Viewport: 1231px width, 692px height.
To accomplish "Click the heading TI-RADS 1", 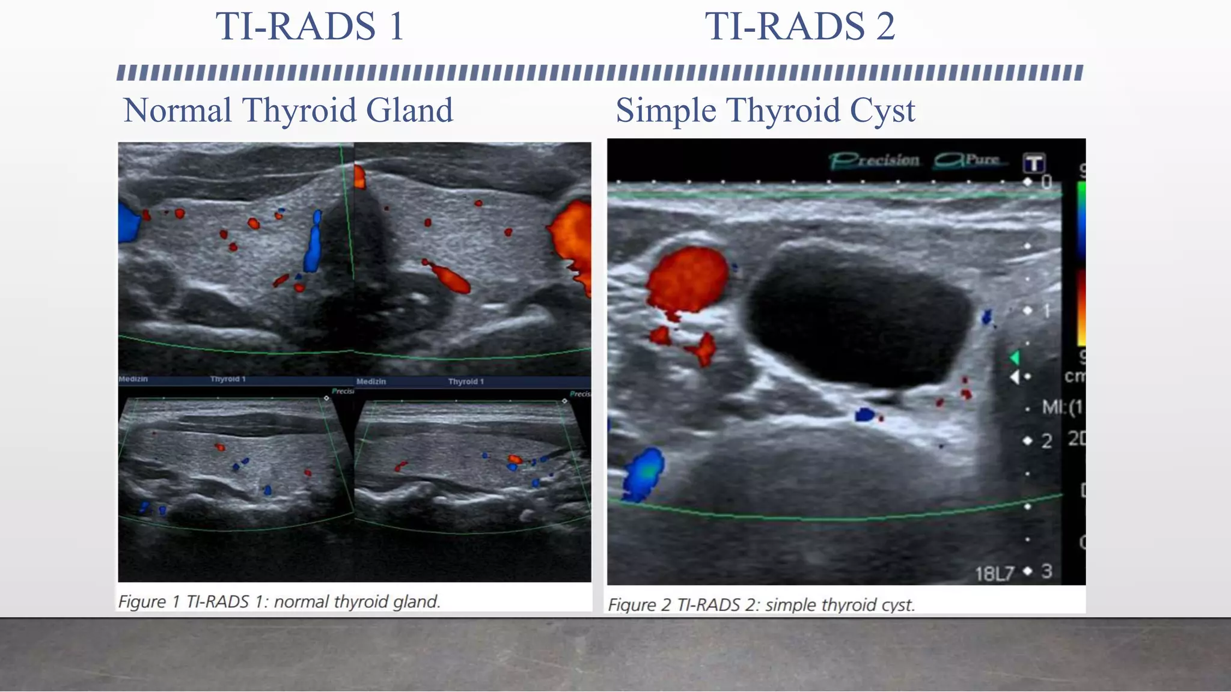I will pos(309,26).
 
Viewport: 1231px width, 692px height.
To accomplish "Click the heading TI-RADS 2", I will pos(799,26).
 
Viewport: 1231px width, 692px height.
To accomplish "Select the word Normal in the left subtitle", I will pos(177,111).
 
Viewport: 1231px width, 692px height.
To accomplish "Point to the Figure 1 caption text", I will pos(279,601).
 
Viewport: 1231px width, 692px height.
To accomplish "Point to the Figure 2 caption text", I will pos(761,604).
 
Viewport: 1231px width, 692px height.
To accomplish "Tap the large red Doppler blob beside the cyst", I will pos(688,279).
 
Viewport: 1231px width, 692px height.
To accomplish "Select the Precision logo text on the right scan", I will pos(875,160).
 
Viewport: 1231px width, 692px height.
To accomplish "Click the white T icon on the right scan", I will pos(1034,163).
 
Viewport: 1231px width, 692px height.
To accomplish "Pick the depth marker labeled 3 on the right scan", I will pos(1046,571).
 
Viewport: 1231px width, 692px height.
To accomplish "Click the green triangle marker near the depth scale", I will pos(1015,358).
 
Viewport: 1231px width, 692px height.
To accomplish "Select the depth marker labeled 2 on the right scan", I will pos(1046,441).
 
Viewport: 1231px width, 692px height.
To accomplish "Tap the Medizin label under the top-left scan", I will pos(133,379).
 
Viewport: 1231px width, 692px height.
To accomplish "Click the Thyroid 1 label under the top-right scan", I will pos(465,381).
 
